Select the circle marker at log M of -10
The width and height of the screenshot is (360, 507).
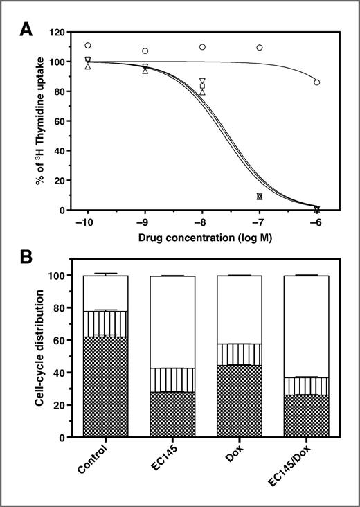88,46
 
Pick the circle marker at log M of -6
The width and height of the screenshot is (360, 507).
317,82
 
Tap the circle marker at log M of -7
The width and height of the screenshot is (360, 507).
260,48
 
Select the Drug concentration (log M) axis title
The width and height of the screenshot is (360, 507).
204,238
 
